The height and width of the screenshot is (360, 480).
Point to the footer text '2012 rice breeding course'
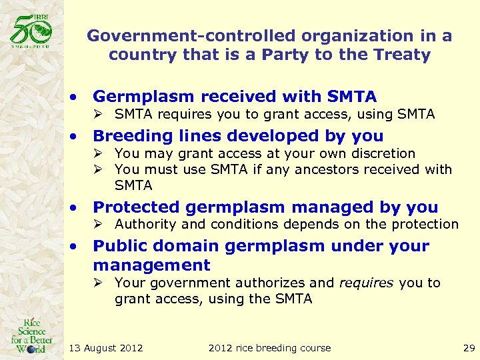pyautogui.click(x=269, y=348)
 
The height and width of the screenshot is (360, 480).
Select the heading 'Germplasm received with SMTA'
pyautogui.click(x=235, y=97)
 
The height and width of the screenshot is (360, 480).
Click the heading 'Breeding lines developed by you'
pyautogui.click(x=238, y=136)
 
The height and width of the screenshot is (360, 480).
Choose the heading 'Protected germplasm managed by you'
pyautogui.click(x=265, y=207)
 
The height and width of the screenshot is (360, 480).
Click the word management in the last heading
pyautogui.click(x=151, y=265)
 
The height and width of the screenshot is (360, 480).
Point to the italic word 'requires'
pyautogui.click(x=367, y=283)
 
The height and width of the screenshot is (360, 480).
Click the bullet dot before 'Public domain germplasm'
pyautogui.click(x=79, y=247)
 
